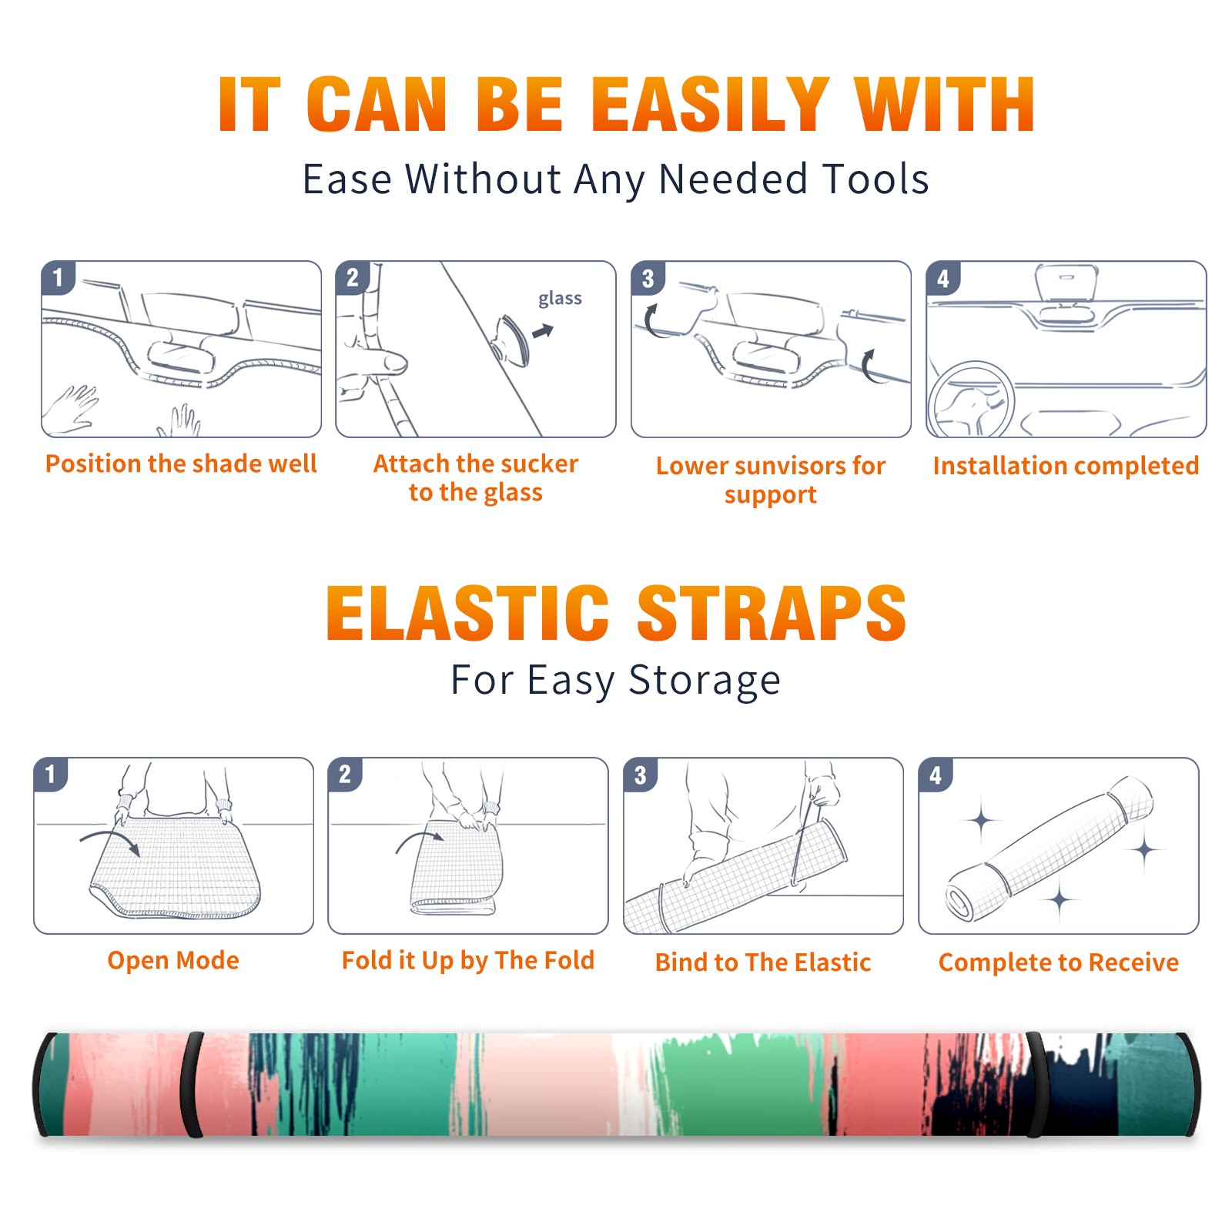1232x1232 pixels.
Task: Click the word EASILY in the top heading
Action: [711, 105]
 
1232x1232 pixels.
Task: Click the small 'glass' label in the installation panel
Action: [560, 299]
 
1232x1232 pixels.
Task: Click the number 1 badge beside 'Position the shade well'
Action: [59, 277]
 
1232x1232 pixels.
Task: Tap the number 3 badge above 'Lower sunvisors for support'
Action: [648, 278]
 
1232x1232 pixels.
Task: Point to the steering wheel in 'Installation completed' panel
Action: [970, 400]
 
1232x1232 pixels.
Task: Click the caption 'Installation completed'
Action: [1066, 466]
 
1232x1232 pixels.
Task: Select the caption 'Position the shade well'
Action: [181, 464]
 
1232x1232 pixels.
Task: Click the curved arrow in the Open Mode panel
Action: [110, 840]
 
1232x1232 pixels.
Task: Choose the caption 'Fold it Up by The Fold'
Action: [468, 961]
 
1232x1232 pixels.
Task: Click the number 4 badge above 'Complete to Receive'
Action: [936, 775]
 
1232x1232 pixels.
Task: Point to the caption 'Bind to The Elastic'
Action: [763, 962]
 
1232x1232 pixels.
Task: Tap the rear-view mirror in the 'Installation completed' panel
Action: [1066, 283]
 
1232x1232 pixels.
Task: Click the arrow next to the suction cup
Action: [544, 331]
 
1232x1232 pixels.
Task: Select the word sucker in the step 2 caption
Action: [540, 464]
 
